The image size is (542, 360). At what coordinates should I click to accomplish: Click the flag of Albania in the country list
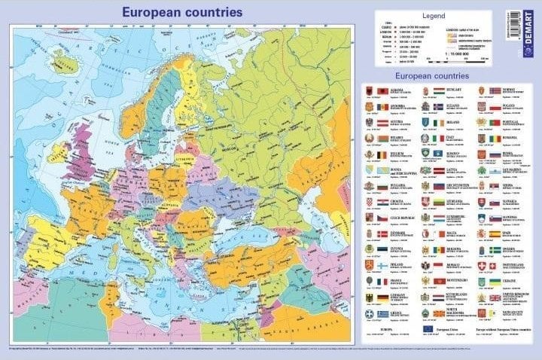(x=382, y=90)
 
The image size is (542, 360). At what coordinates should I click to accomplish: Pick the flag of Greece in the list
(x=382, y=313)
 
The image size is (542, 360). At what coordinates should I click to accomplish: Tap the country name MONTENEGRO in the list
(x=459, y=280)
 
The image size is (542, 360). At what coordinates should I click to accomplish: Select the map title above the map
(x=183, y=12)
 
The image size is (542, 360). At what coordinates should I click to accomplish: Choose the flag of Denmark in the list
(x=382, y=233)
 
